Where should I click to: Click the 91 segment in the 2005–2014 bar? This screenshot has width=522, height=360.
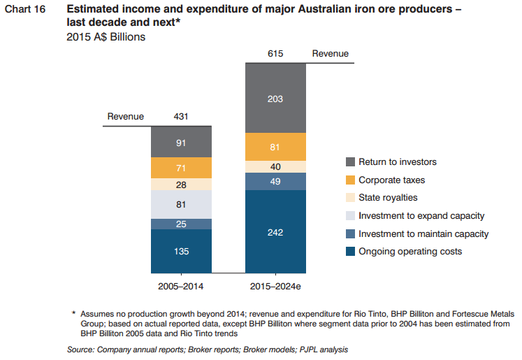click(181, 142)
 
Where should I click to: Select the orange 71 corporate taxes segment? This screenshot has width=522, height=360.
click(181, 168)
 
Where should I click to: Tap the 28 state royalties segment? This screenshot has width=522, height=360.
click(181, 185)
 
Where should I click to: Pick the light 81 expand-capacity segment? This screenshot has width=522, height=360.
click(181, 205)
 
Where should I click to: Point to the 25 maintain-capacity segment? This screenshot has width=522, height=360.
click(181, 224)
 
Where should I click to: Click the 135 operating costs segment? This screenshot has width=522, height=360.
click(181, 251)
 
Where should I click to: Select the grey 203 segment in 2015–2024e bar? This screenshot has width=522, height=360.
click(275, 99)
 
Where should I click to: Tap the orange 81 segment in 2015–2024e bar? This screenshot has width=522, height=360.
click(275, 147)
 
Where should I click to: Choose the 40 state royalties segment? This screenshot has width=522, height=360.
click(275, 167)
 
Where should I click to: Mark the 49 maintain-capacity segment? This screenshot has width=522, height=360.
click(275, 182)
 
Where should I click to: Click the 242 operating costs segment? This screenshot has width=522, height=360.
click(275, 231)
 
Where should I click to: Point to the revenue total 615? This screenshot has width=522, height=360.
click(275, 54)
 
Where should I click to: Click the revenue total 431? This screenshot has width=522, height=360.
click(181, 117)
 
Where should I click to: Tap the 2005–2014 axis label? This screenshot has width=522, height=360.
click(181, 286)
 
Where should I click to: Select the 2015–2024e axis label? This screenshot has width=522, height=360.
click(275, 286)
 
